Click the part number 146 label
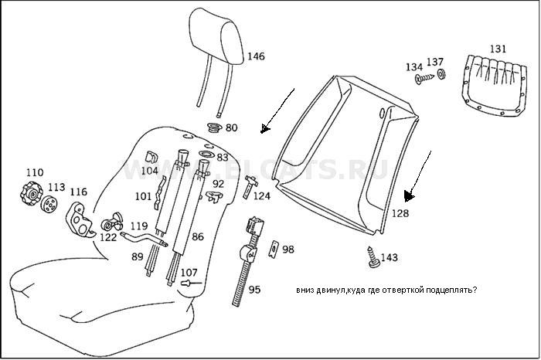pos(256,56)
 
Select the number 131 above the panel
pos(498,49)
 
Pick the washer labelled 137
pos(441,74)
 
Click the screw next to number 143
pos(373,257)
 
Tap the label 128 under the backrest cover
pos(400,213)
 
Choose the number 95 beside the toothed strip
pos(254,290)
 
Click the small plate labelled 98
pos(273,249)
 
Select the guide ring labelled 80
pos(214,127)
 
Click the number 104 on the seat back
pos(150,170)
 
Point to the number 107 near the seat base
pos(189,272)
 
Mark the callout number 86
pos(198,237)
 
